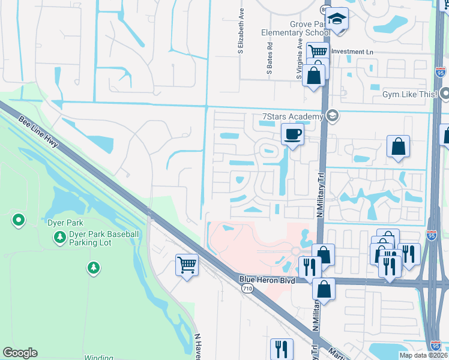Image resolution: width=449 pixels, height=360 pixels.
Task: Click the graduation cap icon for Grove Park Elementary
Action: point(338,19)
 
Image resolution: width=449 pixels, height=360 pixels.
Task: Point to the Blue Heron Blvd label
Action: point(265,279)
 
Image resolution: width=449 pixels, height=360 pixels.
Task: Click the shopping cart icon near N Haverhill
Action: point(187,263)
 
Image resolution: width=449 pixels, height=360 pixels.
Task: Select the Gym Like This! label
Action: point(409,94)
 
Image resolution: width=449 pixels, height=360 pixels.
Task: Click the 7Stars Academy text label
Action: point(292,116)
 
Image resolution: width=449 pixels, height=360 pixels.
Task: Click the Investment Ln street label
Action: point(352,52)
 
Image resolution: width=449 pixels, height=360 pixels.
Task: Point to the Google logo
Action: point(20,353)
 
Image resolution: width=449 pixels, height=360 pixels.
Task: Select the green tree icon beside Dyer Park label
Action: point(59,238)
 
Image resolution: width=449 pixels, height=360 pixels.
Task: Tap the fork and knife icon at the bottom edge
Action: point(280,348)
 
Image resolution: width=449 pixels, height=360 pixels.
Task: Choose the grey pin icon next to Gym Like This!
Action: point(445,94)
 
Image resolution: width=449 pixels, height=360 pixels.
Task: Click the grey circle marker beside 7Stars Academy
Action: point(333,116)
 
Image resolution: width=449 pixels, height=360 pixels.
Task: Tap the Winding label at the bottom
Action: point(98,358)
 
